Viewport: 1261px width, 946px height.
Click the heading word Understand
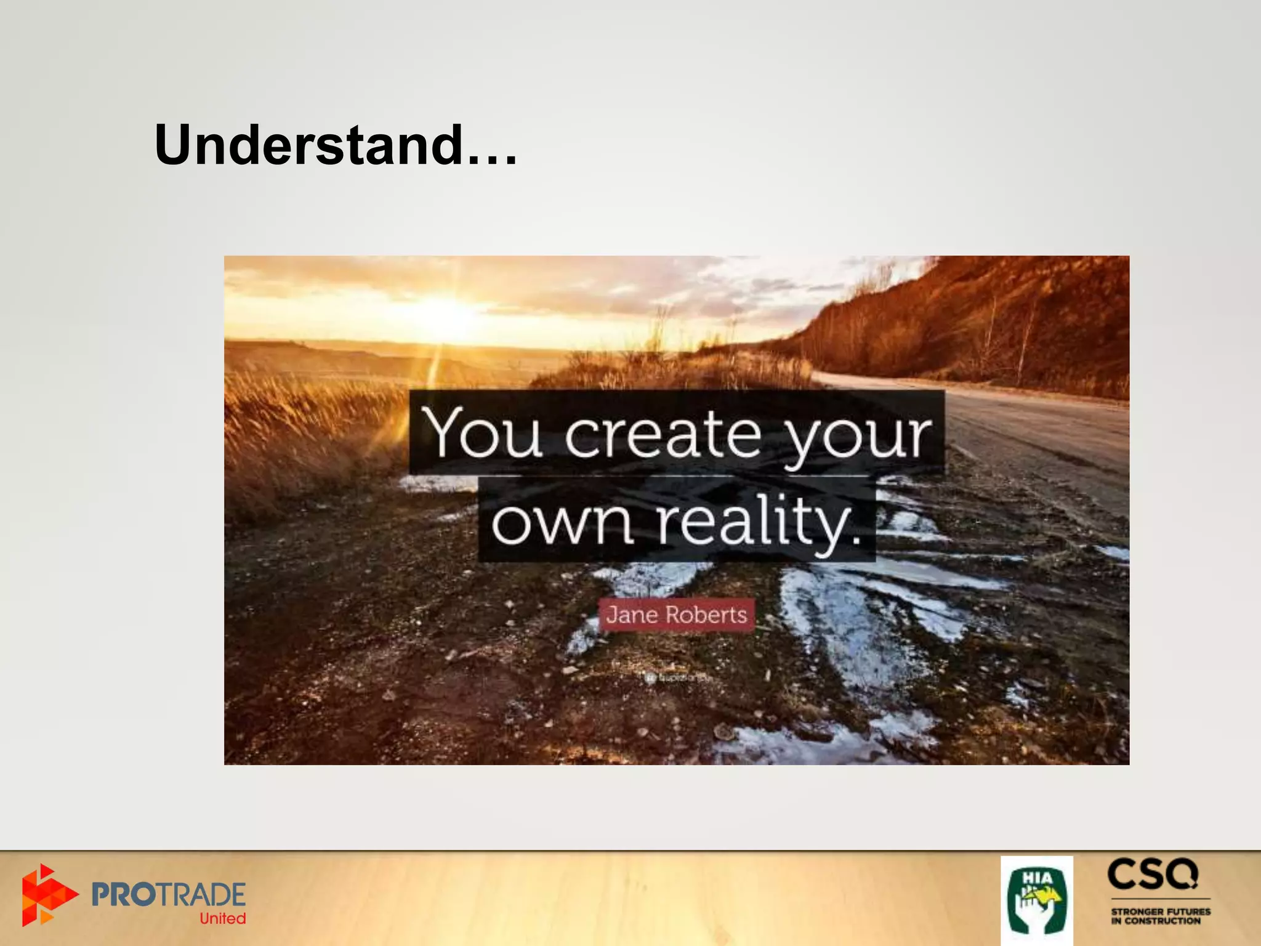point(308,145)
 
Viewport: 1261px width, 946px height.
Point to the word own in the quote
point(562,522)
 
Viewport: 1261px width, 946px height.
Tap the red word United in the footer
point(222,919)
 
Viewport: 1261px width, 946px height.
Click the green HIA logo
point(1036,900)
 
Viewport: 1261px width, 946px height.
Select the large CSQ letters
point(1153,875)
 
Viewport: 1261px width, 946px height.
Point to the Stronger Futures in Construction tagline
point(1160,916)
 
